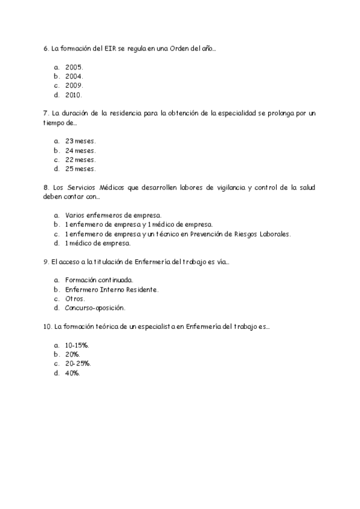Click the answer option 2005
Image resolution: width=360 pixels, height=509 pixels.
point(74,67)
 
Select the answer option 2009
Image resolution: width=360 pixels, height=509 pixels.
point(74,86)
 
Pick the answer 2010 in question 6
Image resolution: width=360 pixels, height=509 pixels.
point(74,95)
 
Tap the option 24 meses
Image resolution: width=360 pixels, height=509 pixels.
point(80,151)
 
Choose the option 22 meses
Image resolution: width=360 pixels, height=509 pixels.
point(80,160)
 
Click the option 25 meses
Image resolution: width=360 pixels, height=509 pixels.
point(80,169)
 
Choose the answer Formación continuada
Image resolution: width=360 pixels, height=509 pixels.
point(98,280)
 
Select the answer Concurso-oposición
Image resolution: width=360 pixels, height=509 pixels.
point(94,308)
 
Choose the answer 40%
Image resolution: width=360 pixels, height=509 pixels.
point(72,373)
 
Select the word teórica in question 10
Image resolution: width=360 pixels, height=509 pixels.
point(106,327)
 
